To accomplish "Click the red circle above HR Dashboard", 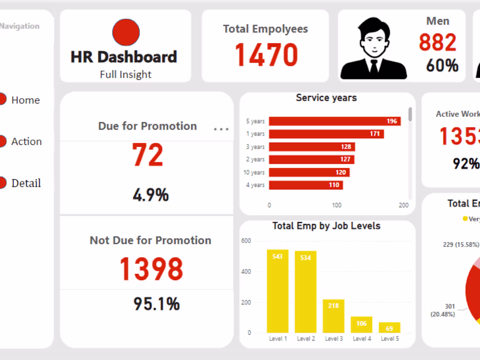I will pyautogui.click(x=126, y=33).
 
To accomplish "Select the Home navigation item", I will pyautogui.click(x=25, y=100).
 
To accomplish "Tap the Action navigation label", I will pyautogui.click(x=27, y=141).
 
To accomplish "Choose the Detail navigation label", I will pyautogui.click(x=26, y=183).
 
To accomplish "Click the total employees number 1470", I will pyautogui.click(x=266, y=55).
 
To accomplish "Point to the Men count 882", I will pyautogui.click(x=437, y=42).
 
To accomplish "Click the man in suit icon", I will pyautogui.click(x=374, y=49).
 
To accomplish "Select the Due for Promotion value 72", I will pyautogui.click(x=147, y=156).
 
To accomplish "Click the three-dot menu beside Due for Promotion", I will pyautogui.click(x=221, y=129).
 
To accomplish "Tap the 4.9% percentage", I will pyautogui.click(x=151, y=195).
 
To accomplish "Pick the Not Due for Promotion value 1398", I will pyautogui.click(x=151, y=269).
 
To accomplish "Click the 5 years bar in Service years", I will pyautogui.click(x=334, y=121).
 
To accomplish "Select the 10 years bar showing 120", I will pyautogui.click(x=309, y=172).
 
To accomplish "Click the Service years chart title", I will pyautogui.click(x=326, y=98).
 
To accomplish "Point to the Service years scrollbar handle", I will pyautogui.click(x=410, y=114).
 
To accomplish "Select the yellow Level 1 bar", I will pyautogui.click(x=278, y=291).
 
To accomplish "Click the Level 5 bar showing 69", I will pyautogui.click(x=389, y=327).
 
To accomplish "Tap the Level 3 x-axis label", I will pyautogui.click(x=333, y=339).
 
